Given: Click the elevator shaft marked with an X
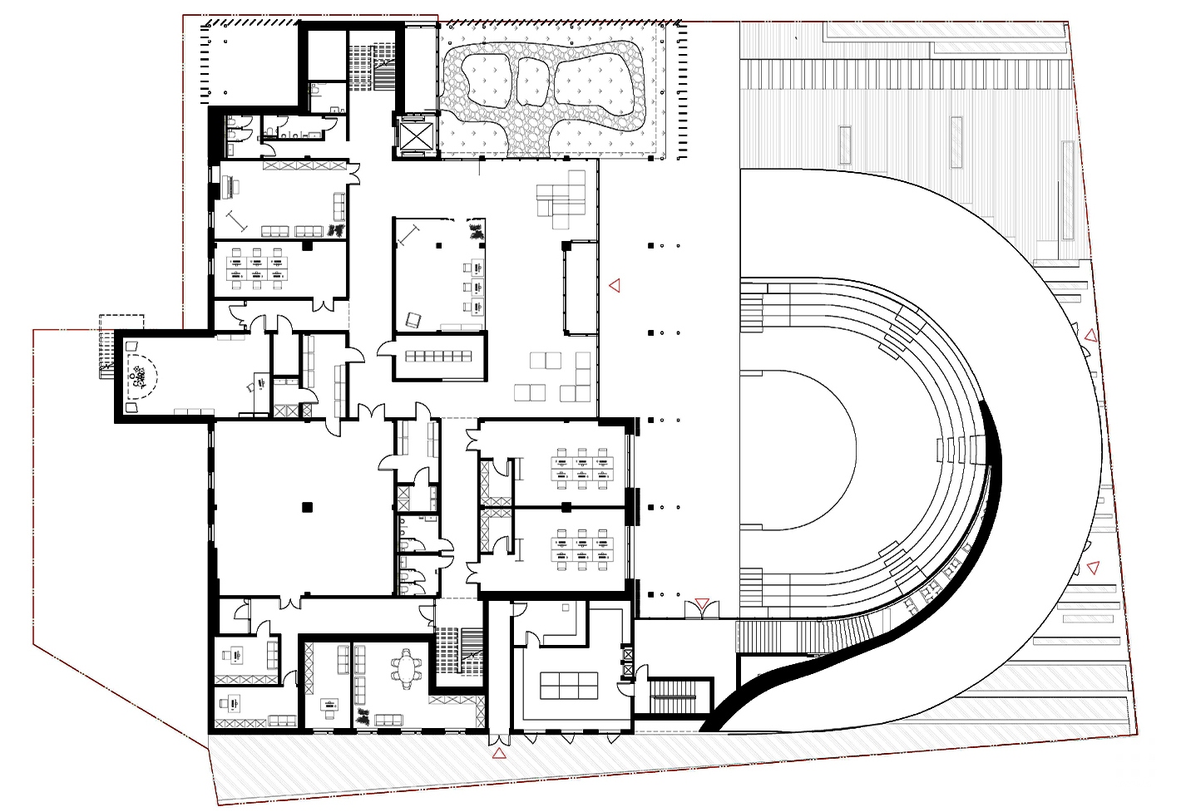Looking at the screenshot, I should pos(415,135).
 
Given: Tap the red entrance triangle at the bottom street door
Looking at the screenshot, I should pos(498,754).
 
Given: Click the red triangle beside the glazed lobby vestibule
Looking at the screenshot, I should pos(615,286).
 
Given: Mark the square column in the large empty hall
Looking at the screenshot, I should pos(307,506).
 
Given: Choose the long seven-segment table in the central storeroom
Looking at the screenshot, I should pos(437,357).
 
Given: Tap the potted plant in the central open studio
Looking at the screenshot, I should pos(477,231).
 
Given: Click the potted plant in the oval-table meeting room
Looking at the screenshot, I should pos(362,715).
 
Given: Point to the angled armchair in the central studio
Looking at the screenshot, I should pos(413,319).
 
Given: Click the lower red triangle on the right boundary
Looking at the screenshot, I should pos(1094,568).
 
